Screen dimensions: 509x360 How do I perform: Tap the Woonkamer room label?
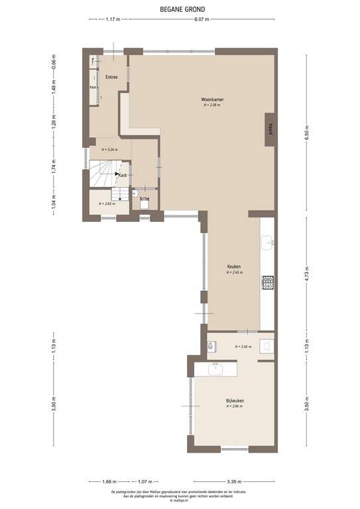(212, 99)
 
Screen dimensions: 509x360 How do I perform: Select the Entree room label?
(111, 77)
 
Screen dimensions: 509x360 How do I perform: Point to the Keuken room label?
(234, 267)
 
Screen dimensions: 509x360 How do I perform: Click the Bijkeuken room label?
(235, 400)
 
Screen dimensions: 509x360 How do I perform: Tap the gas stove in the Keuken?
(269, 283)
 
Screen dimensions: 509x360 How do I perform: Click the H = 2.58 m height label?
(212, 105)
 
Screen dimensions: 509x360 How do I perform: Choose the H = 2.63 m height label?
(107, 203)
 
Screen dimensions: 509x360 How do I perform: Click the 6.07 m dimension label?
(202, 19)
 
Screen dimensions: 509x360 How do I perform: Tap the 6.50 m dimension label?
(306, 133)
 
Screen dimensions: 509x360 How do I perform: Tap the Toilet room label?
(144, 199)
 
